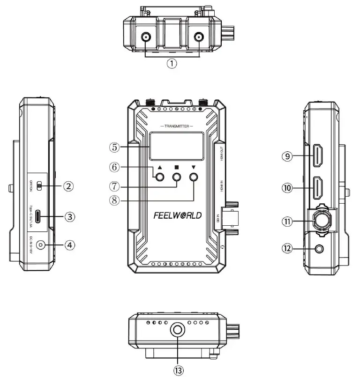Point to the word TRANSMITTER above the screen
coord(176,127)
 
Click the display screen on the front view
coord(176,146)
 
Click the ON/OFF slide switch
coord(39,186)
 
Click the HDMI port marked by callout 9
coord(318,156)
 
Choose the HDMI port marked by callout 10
coord(318,188)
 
